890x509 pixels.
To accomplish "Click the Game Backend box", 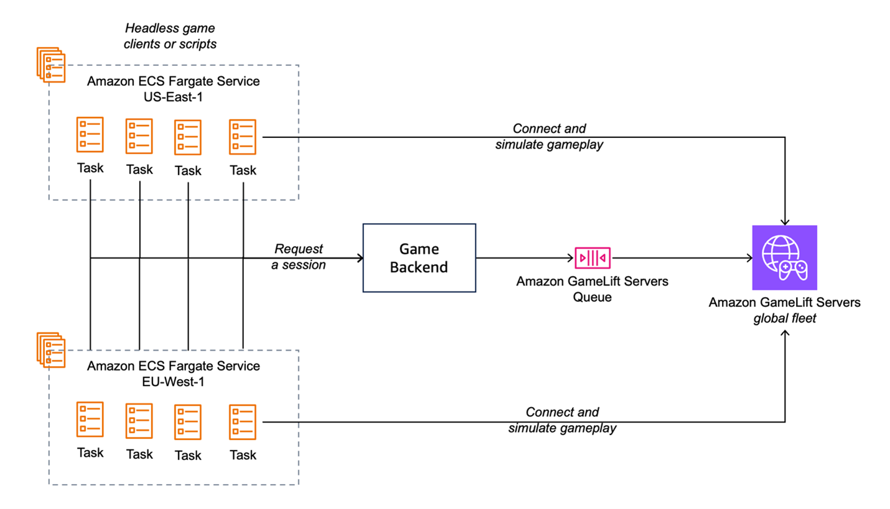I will pos(418,258).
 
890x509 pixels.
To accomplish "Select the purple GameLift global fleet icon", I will pos(784,257).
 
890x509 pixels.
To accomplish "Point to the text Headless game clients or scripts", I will pos(171,36).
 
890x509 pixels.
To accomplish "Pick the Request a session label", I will pos(299,257).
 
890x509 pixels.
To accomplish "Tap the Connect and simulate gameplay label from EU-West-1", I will pos(562,420).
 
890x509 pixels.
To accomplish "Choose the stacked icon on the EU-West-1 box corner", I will pos(50,350).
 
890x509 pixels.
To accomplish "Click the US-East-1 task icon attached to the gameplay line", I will pos(242,136).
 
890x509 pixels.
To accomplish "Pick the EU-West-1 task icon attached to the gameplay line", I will pos(242,421).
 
